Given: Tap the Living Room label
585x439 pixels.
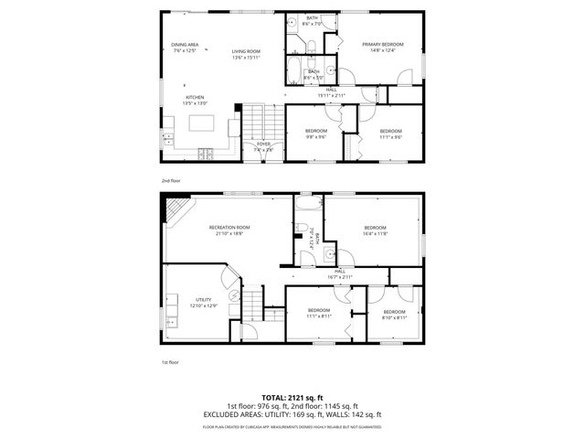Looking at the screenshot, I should [x=246, y=55].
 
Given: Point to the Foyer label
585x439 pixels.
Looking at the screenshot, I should [x=263, y=146].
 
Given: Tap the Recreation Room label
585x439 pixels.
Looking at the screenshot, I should [x=229, y=230].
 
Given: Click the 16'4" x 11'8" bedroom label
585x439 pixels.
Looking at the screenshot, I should [x=376, y=230].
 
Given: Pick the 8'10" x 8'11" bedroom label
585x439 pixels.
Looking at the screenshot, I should [x=395, y=315].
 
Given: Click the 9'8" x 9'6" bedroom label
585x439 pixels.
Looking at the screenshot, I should [x=316, y=134].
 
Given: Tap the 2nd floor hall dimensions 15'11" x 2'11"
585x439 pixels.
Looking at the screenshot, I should [x=332, y=92].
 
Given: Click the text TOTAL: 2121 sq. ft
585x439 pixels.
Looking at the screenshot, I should [x=292, y=397].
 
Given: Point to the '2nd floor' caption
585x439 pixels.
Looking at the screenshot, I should [x=171, y=180].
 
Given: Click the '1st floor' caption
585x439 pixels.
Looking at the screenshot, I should [x=170, y=361].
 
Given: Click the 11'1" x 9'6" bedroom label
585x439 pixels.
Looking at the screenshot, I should [x=390, y=134].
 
